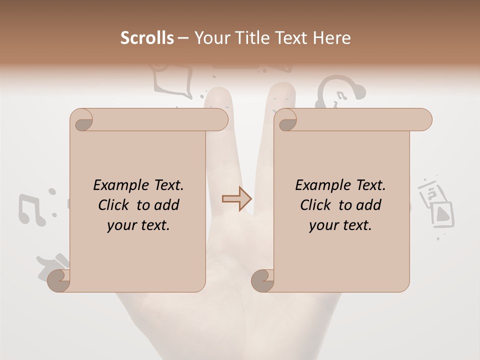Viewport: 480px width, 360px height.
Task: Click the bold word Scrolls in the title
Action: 147,38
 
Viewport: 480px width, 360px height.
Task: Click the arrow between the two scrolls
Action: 237,199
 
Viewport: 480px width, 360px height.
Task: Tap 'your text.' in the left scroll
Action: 138,225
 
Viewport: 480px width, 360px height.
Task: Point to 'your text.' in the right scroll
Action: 340,225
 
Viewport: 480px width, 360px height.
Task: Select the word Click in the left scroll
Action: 114,205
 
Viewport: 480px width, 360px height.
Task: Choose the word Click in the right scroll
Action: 316,205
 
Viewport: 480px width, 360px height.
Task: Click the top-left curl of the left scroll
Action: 81,120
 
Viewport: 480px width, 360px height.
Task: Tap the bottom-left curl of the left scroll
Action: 58,280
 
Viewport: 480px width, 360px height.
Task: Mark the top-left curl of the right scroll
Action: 286,120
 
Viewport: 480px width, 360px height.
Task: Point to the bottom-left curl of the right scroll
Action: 262,280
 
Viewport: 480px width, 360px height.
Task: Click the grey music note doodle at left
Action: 31,209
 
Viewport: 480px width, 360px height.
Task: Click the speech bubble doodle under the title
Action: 172,80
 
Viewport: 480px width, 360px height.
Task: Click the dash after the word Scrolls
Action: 183,38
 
